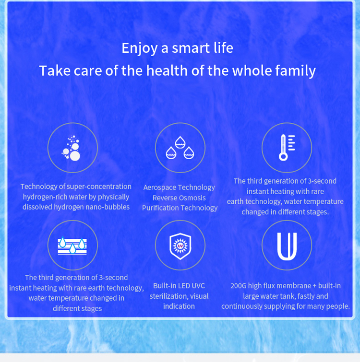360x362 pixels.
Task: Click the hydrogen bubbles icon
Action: tap(72, 148)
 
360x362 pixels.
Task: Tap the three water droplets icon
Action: tap(180, 148)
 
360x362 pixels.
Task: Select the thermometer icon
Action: tap(287, 148)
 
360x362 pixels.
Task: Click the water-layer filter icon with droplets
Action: tap(72, 245)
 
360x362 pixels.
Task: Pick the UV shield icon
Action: tap(180, 245)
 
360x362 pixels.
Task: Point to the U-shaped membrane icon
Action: tap(287, 245)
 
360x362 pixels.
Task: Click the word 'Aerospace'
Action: tap(161, 187)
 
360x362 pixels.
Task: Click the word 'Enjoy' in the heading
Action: tap(139, 48)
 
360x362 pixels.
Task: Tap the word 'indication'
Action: tap(179, 306)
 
